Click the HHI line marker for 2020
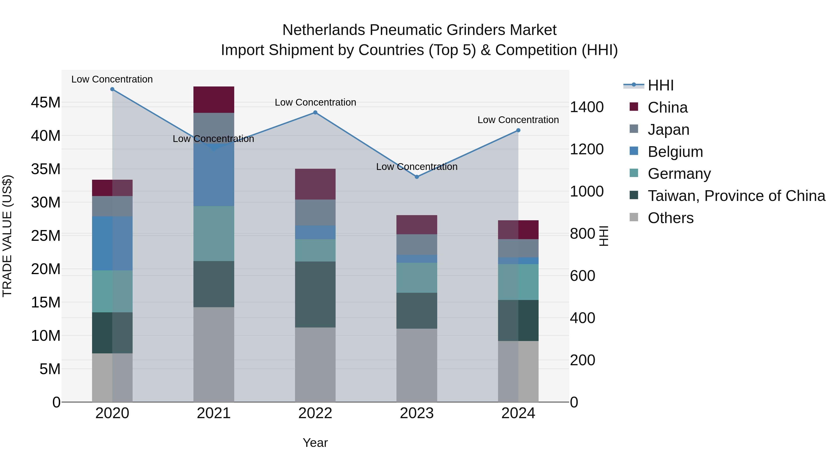(x=112, y=89)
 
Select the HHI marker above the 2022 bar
(x=315, y=112)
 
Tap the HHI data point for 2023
(x=417, y=177)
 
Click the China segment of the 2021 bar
(x=214, y=100)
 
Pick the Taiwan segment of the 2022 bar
(x=315, y=294)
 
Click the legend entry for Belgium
(x=675, y=152)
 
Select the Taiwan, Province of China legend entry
(x=736, y=196)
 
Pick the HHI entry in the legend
(x=660, y=85)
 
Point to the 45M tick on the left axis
(x=46, y=103)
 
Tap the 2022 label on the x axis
(x=315, y=413)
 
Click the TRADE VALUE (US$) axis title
(x=7, y=236)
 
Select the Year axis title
(x=315, y=443)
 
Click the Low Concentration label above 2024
(x=518, y=120)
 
